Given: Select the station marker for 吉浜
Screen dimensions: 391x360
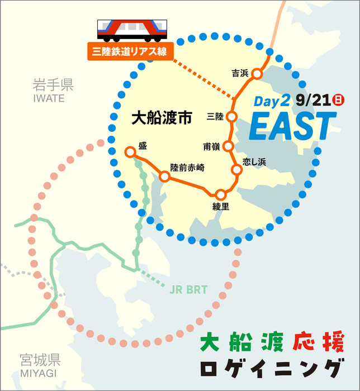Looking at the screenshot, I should point(257,74).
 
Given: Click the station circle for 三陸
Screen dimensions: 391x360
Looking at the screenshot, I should point(232,117).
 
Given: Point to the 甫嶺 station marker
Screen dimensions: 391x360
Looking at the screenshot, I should point(228,146).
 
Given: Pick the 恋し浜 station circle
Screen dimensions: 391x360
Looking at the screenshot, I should point(236,169).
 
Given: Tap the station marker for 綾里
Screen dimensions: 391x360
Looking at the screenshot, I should point(221,194).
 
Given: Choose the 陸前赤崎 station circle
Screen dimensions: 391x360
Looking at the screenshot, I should point(164,177).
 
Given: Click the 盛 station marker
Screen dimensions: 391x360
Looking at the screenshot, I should point(130,151).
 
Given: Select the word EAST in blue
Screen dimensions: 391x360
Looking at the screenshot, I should point(292,126).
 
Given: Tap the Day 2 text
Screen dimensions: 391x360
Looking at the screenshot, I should point(272,101).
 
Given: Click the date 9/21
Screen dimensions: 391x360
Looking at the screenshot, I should point(314,101).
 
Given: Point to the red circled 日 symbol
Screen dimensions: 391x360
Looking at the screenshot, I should point(338,101).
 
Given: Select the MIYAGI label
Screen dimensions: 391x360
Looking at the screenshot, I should point(39,373).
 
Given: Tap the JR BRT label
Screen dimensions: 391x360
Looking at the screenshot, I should point(188,289).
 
